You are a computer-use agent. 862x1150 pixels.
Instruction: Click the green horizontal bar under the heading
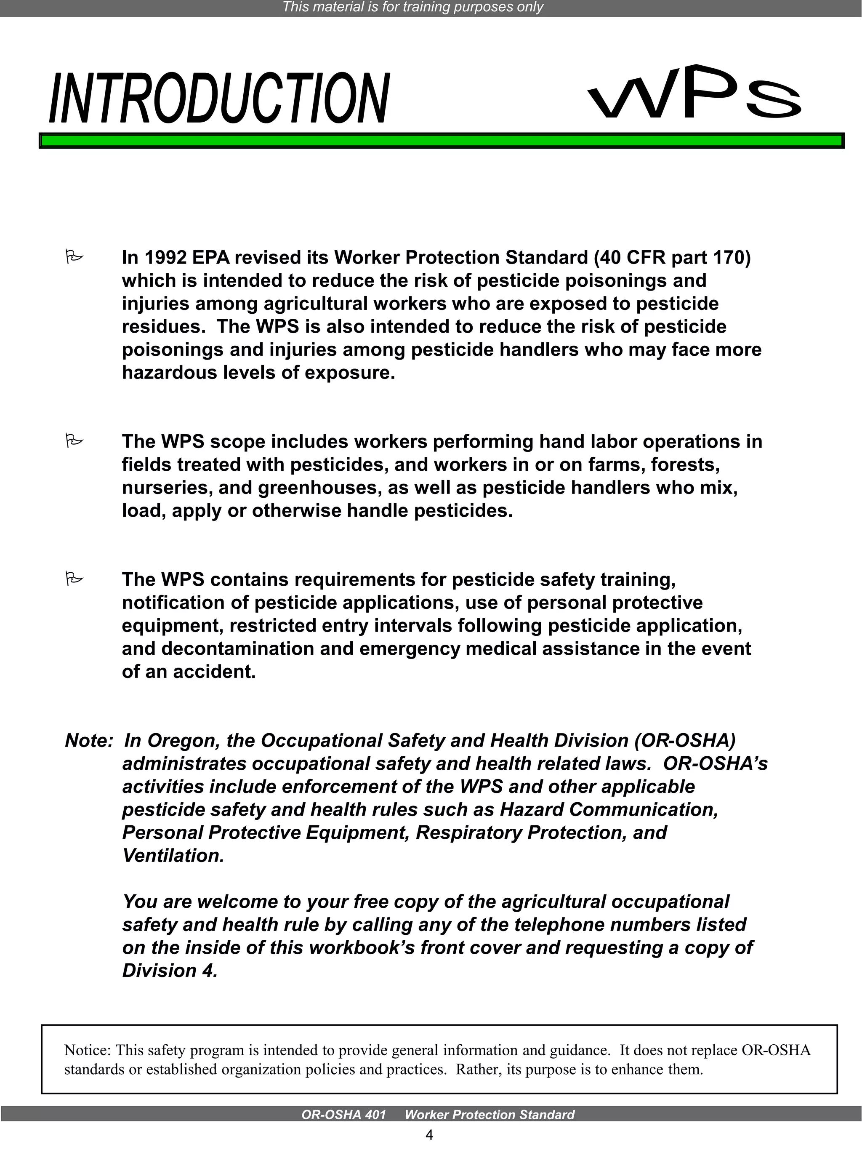(441, 141)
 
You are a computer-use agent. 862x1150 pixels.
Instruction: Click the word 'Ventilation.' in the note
(173, 856)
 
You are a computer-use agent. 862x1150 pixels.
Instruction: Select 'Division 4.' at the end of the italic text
(169, 971)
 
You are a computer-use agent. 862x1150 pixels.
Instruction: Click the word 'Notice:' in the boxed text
(87, 1050)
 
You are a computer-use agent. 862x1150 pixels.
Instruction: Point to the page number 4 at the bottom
(429, 1135)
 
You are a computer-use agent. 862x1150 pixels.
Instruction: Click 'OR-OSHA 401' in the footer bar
(343, 1115)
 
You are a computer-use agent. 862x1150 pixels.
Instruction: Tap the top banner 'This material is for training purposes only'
(412, 7)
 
